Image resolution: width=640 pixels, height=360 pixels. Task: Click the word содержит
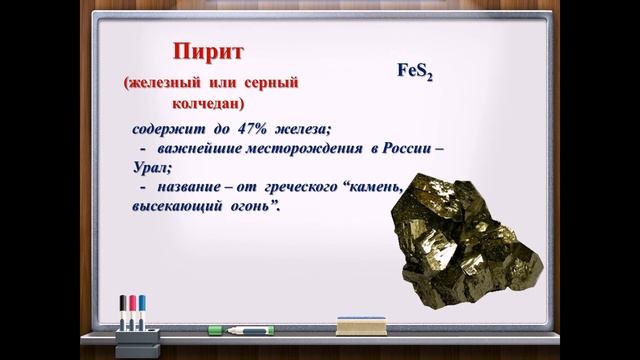click(x=165, y=129)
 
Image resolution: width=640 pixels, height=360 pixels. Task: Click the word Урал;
click(x=151, y=168)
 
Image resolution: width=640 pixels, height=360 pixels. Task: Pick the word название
click(x=196, y=188)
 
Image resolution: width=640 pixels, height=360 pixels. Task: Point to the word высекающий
click(x=177, y=207)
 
